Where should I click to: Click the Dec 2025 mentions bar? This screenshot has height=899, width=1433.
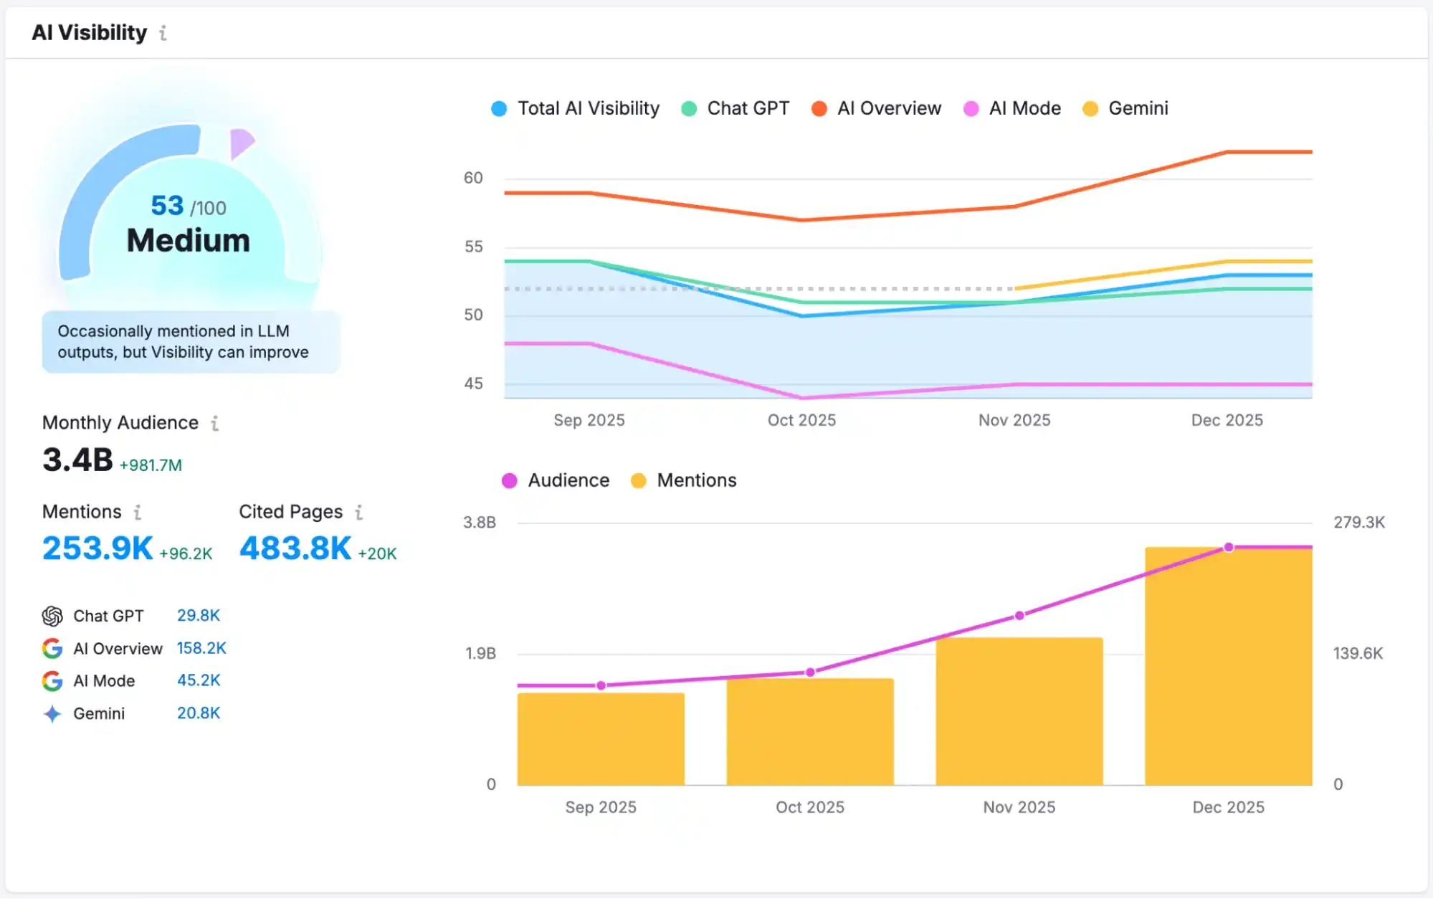(x=1228, y=667)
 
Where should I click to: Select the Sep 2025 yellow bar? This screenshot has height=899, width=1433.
(x=601, y=739)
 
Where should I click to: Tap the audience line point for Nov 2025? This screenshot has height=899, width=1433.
(x=1019, y=616)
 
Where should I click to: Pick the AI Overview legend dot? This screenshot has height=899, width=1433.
(x=819, y=109)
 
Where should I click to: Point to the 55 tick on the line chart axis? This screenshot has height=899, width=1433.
(x=473, y=247)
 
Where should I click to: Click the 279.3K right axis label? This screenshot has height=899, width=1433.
(x=1358, y=523)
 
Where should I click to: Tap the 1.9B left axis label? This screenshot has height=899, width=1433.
(x=480, y=653)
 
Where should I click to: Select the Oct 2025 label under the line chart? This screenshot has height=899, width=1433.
(x=801, y=420)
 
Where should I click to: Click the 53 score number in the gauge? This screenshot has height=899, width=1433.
(x=167, y=206)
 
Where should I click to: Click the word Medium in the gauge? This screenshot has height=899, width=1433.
(x=189, y=241)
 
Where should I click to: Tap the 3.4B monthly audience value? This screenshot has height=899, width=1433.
(x=77, y=460)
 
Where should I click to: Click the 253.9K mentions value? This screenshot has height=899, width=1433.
(x=97, y=548)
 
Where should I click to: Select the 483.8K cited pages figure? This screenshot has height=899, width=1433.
(x=295, y=548)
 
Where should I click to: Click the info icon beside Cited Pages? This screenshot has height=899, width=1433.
(x=359, y=512)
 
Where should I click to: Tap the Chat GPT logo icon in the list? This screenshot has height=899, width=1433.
(x=52, y=616)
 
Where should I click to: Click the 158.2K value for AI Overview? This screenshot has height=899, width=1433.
(x=201, y=648)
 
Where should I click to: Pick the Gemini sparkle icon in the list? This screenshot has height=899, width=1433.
(x=52, y=713)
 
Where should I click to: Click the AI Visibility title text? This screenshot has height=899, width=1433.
(x=89, y=32)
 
